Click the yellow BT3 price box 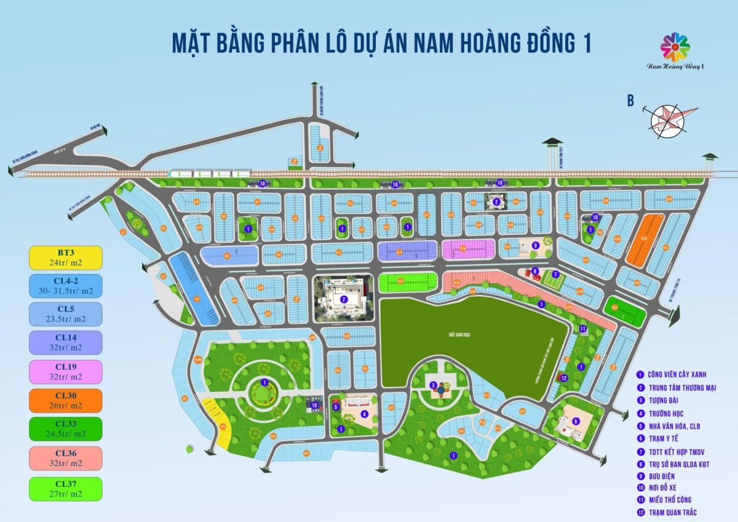[65, 257]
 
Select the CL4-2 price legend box [65, 286]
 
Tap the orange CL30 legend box [65, 400]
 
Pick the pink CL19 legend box [65, 372]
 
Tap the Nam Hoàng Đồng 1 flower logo [675, 47]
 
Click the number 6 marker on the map [576, 421]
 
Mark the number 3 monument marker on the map [434, 386]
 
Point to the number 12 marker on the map [564, 378]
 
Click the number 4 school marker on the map [365, 414]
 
